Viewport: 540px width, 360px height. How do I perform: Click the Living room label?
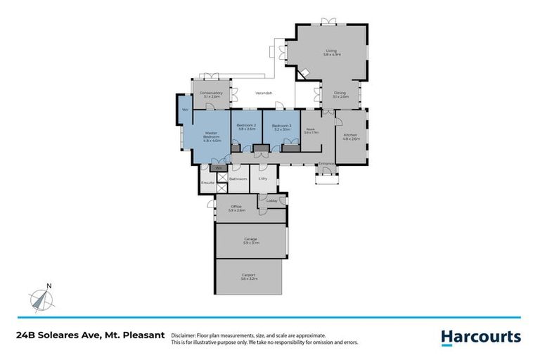332,52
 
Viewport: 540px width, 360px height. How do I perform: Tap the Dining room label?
340,95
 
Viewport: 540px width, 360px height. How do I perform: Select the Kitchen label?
350,136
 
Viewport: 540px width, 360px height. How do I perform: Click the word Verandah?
263,93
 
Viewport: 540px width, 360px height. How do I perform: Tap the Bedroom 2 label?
246,127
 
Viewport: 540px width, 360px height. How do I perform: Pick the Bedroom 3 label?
281,127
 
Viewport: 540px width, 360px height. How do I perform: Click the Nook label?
311,130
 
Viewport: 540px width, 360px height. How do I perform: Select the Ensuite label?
207,183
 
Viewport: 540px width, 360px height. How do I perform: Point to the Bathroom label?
238,179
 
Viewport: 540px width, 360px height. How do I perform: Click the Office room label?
236,208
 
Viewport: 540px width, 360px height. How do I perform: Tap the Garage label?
250,240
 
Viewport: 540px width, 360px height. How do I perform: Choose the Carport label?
249,277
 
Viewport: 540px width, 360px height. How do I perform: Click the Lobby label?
271,201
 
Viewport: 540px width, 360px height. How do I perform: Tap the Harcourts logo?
481,337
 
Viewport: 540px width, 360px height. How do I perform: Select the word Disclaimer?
186,335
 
